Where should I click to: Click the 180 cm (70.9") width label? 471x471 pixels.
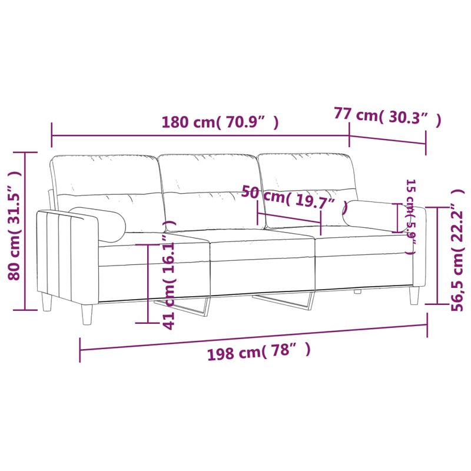(x=220, y=122)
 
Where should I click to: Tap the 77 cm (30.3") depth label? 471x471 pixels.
(x=387, y=116)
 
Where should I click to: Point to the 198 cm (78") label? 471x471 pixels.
(x=258, y=352)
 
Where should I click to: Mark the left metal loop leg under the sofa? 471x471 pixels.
(x=188, y=307)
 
